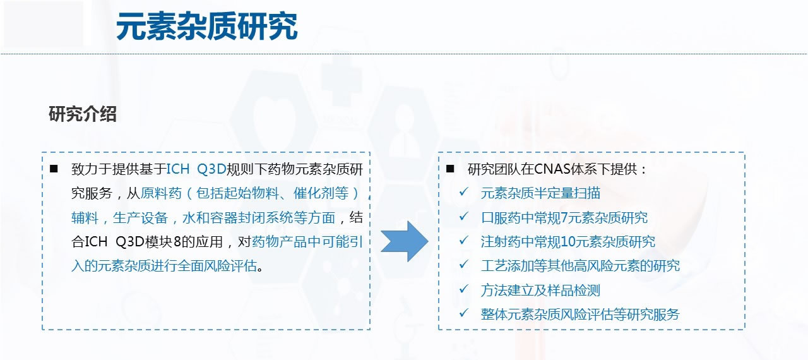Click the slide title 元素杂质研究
206,27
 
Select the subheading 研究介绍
83,114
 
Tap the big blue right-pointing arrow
405,241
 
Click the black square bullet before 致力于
54,169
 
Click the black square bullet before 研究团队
450,169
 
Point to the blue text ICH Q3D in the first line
196,169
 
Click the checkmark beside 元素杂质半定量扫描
463,192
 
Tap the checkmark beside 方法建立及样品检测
463,289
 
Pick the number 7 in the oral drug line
564,218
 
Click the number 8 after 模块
177,242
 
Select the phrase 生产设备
140,218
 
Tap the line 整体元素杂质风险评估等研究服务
580,315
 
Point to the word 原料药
161,193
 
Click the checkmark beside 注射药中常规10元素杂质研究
463,241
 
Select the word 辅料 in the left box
85,218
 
